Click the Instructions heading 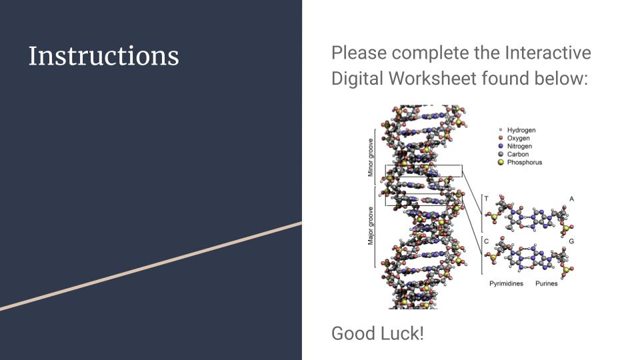pyautogui.click(x=104, y=56)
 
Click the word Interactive pyautogui.click(x=548, y=53)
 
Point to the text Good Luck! pyautogui.click(x=377, y=333)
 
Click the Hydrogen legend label pyautogui.click(x=521, y=130)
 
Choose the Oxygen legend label pyautogui.click(x=519, y=139)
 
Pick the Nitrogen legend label pyautogui.click(x=519, y=146)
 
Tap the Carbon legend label pyautogui.click(x=518, y=154)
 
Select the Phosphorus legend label pyautogui.click(x=525, y=163)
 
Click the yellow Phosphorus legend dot pyautogui.click(x=501, y=163)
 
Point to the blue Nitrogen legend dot pyautogui.click(x=501, y=146)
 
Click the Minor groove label pyautogui.click(x=371, y=157)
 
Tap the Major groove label pyautogui.click(x=371, y=226)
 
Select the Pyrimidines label pyautogui.click(x=506, y=284)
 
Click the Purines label pyautogui.click(x=547, y=284)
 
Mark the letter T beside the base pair pyautogui.click(x=486, y=199)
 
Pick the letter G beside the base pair pyautogui.click(x=571, y=241)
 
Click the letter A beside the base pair pyautogui.click(x=571, y=199)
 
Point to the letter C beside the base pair pyautogui.click(x=486, y=241)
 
